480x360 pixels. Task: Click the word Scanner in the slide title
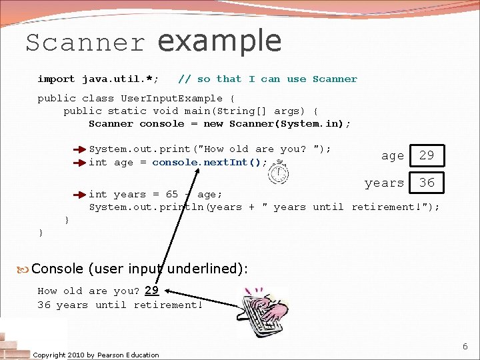coord(85,43)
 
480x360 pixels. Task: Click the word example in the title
coord(219,41)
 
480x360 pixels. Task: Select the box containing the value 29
coord(427,155)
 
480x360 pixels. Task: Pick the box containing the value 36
coord(427,182)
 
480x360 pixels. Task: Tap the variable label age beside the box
coord(392,156)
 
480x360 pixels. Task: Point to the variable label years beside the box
coord(384,183)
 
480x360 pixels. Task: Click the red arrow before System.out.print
coord(80,149)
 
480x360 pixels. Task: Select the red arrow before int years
coord(80,195)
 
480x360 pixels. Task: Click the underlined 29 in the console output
coord(151,291)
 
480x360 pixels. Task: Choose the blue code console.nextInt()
coord(209,162)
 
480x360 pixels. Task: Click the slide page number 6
coord(465,347)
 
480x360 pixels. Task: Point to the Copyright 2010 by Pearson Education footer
coord(96,355)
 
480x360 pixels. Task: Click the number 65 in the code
coord(172,195)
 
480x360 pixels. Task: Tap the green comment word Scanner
coord(335,79)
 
